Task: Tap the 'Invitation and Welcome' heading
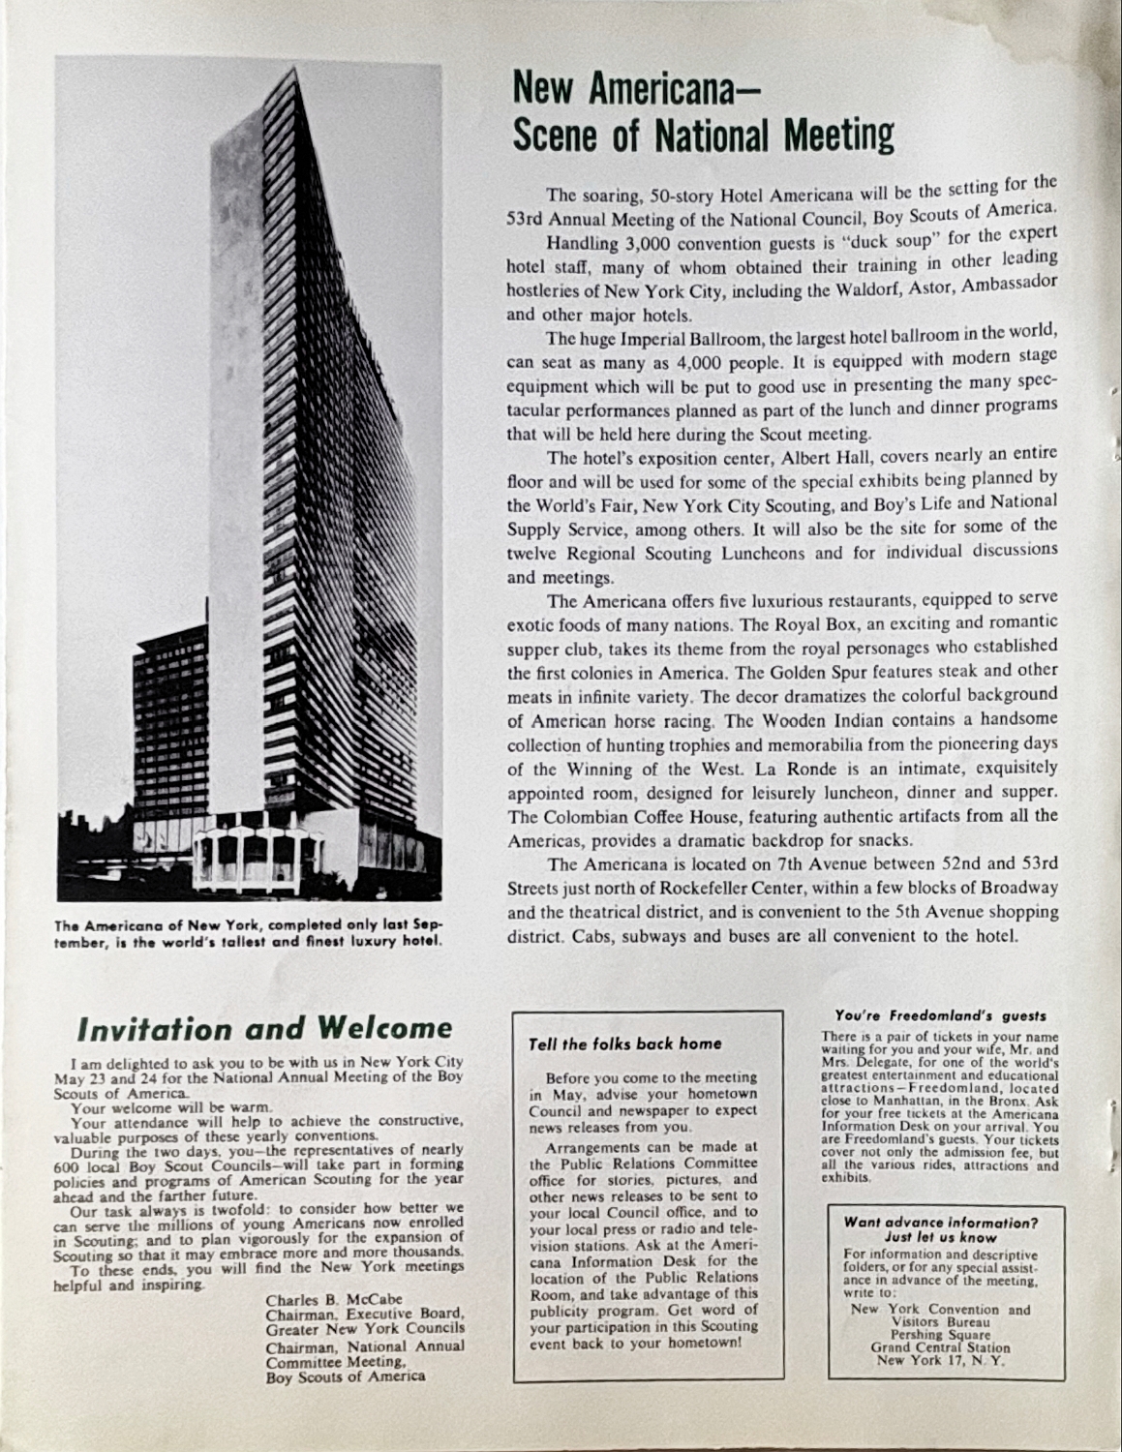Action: pos(263,1028)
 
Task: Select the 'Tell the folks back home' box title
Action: pos(624,1044)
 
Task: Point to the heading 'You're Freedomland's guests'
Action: pos(940,1015)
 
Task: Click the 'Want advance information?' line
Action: pos(940,1222)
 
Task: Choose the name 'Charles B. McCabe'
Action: pos(334,1300)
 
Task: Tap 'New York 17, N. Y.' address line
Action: pos(940,1360)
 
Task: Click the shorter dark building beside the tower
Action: pos(169,726)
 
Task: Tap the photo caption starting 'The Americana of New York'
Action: pos(250,932)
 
